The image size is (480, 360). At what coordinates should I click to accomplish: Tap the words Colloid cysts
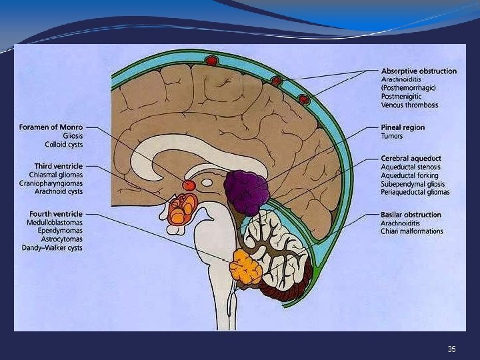64,144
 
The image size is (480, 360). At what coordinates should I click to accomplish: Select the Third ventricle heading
59,165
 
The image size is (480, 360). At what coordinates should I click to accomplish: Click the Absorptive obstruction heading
419,71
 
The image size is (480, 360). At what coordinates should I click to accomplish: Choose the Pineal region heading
403,127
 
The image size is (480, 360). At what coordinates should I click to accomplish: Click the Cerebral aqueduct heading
411,158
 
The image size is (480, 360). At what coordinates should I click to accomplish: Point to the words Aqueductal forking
409,175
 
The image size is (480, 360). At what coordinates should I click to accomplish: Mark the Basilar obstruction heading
411,215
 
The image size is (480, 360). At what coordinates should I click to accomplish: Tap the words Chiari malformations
411,232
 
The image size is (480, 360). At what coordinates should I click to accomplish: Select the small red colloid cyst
189,185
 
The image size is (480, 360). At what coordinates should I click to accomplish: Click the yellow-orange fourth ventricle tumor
245,267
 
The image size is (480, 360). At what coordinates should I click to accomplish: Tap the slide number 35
451,349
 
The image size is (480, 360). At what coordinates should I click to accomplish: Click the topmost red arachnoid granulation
212,61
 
